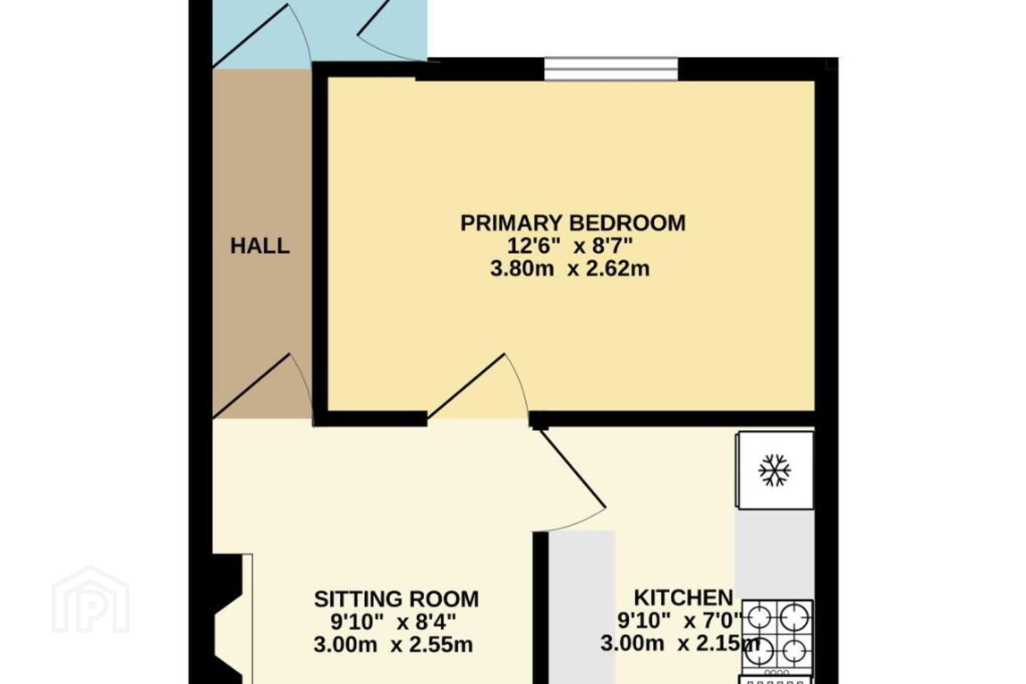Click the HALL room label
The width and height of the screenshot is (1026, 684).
tap(259, 246)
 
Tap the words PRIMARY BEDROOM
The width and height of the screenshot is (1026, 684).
tap(573, 223)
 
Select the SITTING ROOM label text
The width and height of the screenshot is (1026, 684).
tap(396, 598)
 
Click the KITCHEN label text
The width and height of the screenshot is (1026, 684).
tap(683, 597)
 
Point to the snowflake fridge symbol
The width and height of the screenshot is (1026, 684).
tap(774, 470)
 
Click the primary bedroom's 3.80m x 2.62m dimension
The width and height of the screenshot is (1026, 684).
tap(570, 269)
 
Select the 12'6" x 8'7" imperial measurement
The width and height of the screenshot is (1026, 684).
tap(569, 247)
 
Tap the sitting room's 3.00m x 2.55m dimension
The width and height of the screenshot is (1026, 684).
tap(393, 645)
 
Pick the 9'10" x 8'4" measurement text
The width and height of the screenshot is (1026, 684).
tap(393, 622)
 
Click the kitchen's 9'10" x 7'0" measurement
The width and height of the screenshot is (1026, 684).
tap(680, 621)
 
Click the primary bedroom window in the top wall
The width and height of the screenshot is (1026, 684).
tap(611, 69)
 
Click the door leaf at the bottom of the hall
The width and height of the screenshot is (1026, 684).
tap(251, 386)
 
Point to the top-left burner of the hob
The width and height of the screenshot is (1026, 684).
tap(759, 618)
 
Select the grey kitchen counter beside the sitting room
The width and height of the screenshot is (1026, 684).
tap(581, 608)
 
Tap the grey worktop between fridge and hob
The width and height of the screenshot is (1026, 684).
tap(774, 554)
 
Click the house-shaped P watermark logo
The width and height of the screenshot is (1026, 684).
tap(90, 599)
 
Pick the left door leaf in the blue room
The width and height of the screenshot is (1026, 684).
tap(251, 36)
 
